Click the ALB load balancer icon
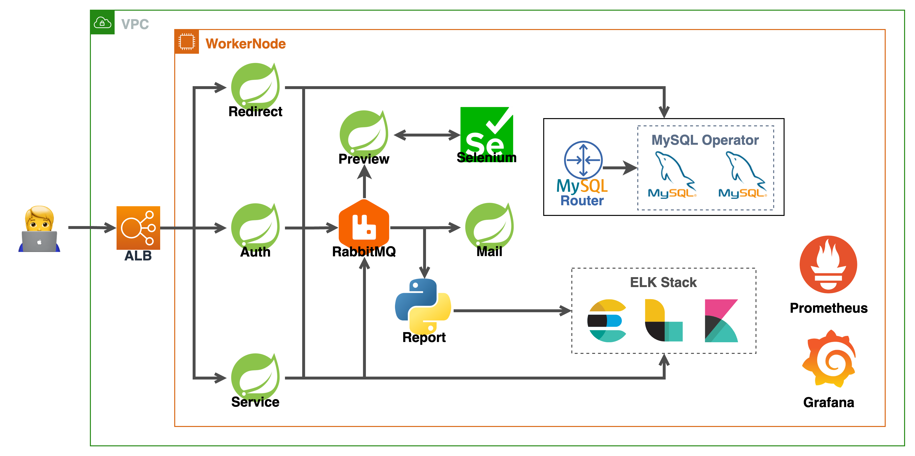(x=138, y=228)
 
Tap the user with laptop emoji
(x=39, y=229)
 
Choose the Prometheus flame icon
(x=828, y=264)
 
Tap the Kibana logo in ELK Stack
(x=721, y=321)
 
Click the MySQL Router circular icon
(x=583, y=160)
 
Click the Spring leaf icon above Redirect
(x=255, y=86)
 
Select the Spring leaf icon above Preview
(x=364, y=133)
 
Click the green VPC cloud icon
(x=102, y=22)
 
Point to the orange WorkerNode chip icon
(x=187, y=42)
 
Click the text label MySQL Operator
(x=705, y=140)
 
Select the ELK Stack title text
(x=663, y=282)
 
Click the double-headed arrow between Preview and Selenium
(x=427, y=135)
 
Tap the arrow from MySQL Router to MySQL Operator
(x=620, y=167)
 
